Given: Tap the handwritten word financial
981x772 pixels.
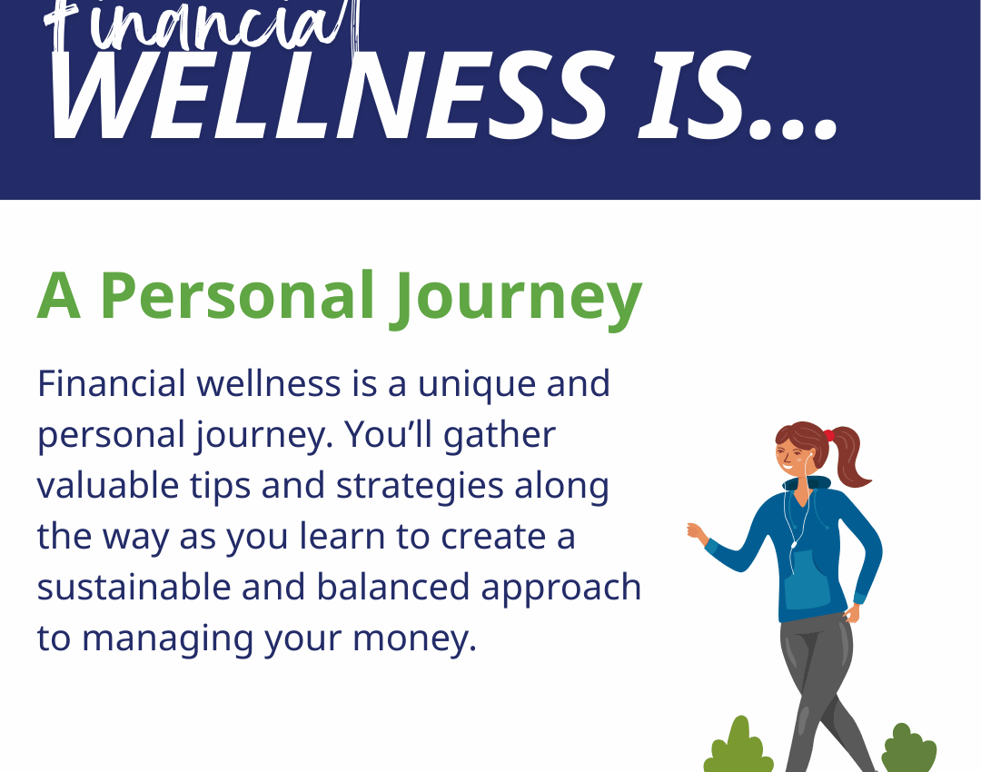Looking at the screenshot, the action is [200, 25].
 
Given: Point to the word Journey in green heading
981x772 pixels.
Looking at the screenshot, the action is [516, 298].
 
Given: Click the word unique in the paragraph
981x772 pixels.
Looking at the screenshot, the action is [476, 385].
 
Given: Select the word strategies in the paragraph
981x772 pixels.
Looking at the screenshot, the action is [420, 488].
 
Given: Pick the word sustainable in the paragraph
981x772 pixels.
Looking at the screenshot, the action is [134, 587].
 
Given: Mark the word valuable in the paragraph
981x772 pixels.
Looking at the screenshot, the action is [108, 485].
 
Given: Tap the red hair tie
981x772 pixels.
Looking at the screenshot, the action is [829, 435].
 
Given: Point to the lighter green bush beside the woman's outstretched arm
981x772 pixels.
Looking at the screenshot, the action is [738, 747].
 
